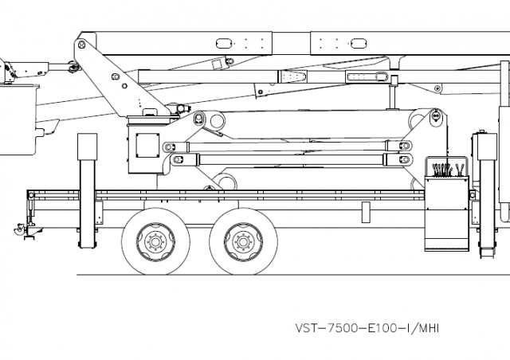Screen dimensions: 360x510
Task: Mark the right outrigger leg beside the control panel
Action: pyautogui.click(x=484, y=191)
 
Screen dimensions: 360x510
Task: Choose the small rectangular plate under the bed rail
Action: pyautogui.click(x=366, y=211)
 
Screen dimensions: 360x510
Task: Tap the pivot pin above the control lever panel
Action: pyautogui.click(x=436, y=116)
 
